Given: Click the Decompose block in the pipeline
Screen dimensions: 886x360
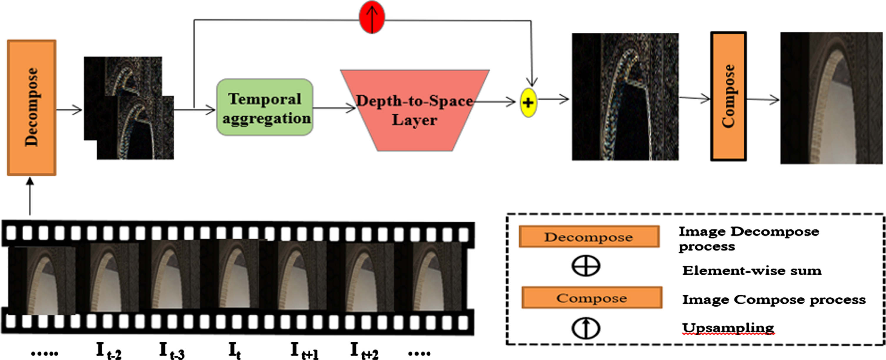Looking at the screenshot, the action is click(x=32, y=108).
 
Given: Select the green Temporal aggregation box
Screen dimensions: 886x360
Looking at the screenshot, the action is click(x=264, y=107).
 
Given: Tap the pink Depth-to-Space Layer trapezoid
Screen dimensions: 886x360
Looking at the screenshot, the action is click(x=415, y=110).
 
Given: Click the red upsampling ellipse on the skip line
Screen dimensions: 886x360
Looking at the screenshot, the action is click(x=372, y=17).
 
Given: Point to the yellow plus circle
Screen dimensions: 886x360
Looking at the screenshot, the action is click(x=528, y=102).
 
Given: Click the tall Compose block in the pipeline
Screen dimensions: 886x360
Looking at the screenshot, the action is click(x=728, y=96).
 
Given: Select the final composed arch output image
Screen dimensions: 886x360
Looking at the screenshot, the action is click(x=831, y=98).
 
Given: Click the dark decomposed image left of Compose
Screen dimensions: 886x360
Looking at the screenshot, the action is click(x=625, y=97).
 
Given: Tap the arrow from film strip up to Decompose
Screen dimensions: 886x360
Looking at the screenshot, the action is click(x=30, y=196).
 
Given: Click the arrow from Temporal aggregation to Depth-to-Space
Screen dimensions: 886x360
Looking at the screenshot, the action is click(x=334, y=108).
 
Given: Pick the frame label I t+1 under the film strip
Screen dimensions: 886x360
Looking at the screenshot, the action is click(x=304, y=351).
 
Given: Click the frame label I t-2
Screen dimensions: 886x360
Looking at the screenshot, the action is click(x=109, y=351).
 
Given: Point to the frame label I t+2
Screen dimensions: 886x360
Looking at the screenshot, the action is click(x=364, y=351).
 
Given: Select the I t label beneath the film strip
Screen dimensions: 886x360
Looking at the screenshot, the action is click(x=234, y=351).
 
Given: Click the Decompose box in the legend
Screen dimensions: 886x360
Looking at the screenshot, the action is click(x=589, y=236).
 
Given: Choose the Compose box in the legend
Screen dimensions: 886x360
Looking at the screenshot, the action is click(x=592, y=297).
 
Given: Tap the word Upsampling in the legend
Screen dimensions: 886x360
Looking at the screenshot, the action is click(x=728, y=328).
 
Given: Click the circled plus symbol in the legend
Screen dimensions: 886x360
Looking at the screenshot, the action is click(x=586, y=266).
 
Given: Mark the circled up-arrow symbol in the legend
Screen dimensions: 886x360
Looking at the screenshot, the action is click(x=586, y=328).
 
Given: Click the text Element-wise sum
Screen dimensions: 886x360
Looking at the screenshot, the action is click(x=752, y=271).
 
